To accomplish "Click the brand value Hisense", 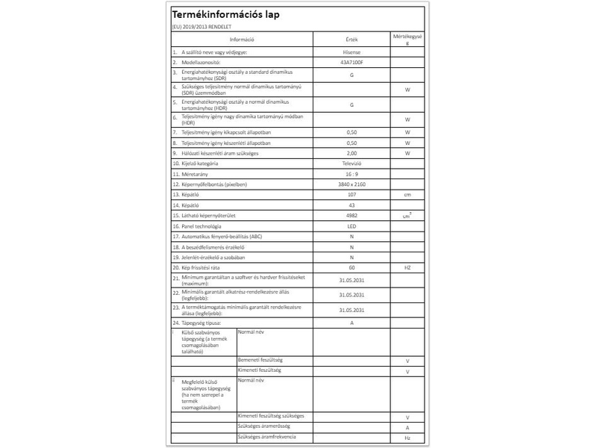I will click(351, 54).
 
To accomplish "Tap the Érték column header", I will click(351, 39).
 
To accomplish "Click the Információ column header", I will click(243, 39).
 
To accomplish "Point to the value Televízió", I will click(351, 163).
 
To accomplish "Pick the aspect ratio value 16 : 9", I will click(351, 173).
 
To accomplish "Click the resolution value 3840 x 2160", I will click(351, 184).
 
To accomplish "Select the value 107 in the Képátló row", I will click(351, 194).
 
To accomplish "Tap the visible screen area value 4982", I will click(351, 215).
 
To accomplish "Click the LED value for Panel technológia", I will click(351, 225).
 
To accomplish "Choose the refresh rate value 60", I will click(351, 267).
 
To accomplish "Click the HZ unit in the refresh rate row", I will click(407, 267).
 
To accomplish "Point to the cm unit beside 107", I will click(407, 194).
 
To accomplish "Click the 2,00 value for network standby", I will click(351, 152).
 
